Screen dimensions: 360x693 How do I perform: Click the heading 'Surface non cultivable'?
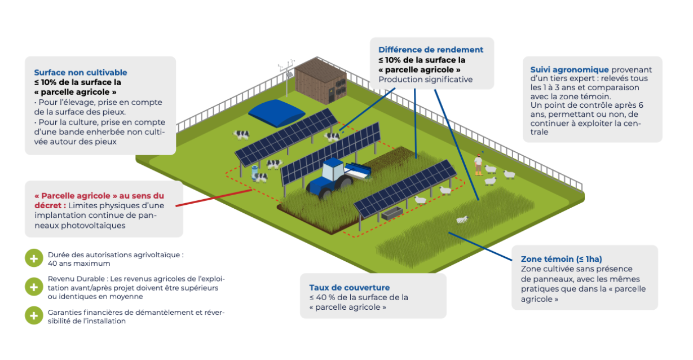[x=81, y=72]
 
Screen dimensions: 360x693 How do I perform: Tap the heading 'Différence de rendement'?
[x=431, y=50]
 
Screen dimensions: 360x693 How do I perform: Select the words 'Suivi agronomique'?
[x=562, y=69]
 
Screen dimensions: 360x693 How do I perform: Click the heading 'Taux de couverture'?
[x=349, y=287]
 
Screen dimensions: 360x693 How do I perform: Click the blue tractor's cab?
[x=333, y=168]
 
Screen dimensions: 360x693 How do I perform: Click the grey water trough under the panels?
[x=392, y=213]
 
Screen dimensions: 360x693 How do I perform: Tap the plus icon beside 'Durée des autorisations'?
[x=34, y=258]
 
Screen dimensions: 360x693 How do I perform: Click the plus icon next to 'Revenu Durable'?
[x=34, y=287]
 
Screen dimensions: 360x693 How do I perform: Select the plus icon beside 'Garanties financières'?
[x=34, y=315]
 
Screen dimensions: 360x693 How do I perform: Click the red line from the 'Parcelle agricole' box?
[x=214, y=197]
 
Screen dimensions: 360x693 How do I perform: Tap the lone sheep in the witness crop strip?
[x=462, y=219]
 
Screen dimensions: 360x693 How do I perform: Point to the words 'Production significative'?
[x=425, y=79]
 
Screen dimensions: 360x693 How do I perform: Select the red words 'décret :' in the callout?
[x=50, y=205]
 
